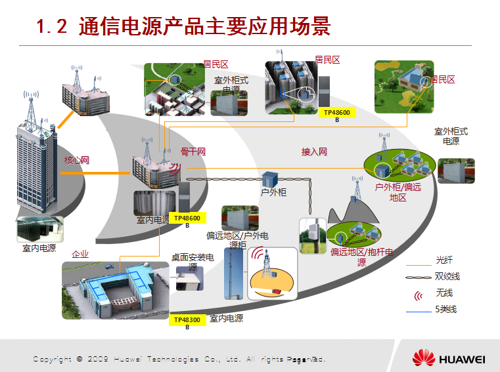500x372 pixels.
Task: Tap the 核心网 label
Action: (77, 160)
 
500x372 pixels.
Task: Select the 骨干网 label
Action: (193, 152)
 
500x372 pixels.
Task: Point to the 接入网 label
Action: (314, 152)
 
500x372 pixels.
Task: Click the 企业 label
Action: (80, 254)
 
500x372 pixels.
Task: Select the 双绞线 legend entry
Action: (447, 276)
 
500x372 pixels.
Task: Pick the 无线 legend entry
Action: (444, 293)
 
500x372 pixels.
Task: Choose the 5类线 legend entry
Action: (446, 309)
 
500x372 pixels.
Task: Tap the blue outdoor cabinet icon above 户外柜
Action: (270, 179)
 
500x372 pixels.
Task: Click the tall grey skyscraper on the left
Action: (37, 171)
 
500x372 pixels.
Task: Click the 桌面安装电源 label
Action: (193, 262)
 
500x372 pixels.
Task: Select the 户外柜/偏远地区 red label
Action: (398, 192)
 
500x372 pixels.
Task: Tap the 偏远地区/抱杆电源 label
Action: (362, 257)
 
